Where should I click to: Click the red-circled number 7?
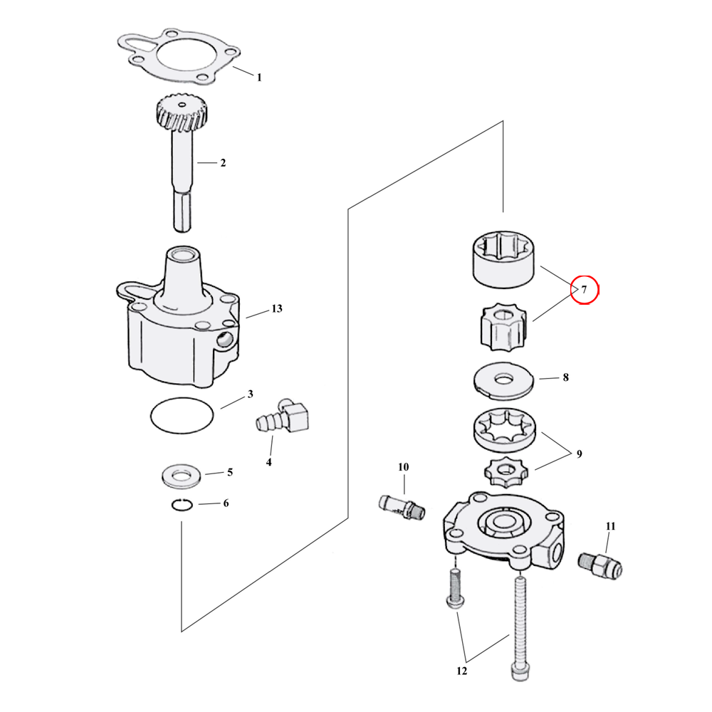[584, 290]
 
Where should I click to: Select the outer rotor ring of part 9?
[504, 431]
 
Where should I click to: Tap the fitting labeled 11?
[602, 565]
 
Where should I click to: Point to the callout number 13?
[276, 309]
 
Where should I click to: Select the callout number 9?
[579, 454]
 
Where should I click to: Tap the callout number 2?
[222, 163]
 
